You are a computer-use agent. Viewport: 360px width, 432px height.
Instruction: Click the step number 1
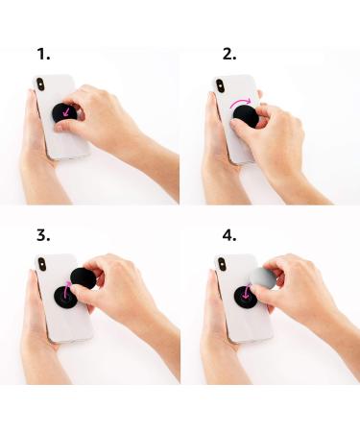coord(42,54)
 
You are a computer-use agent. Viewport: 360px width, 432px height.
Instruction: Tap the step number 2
coord(228,54)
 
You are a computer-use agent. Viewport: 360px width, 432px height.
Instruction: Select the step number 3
coord(42,234)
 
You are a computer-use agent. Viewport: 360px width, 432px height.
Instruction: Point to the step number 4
coord(228,234)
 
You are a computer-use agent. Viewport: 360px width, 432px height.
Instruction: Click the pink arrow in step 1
coord(65,114)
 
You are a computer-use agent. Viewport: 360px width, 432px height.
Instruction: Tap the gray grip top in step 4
coord(263,279)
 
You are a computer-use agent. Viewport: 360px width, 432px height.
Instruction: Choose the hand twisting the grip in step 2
coord(288,144)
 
